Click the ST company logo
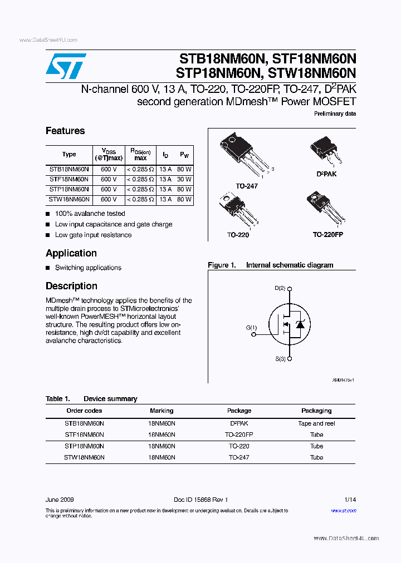click(x=66, y=67)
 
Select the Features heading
click(x=65, y=131)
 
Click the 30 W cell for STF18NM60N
click(x=184, y=180)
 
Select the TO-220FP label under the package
click(x=327, y=235)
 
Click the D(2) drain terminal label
click(x=280, y=288)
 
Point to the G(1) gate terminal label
click(x=252, y=328)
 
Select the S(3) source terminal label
click(x=280, y=359)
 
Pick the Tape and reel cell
click(x=316, y=423)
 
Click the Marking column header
click(x=162, y=411)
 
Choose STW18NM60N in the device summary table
click(x=84, y=457)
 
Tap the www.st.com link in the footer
click(x=344, y=510)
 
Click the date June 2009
click(x=60, y=500)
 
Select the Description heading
click(x=71, y=286)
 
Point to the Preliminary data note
click(x=335, y=113)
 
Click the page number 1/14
click(x=350, y=500)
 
